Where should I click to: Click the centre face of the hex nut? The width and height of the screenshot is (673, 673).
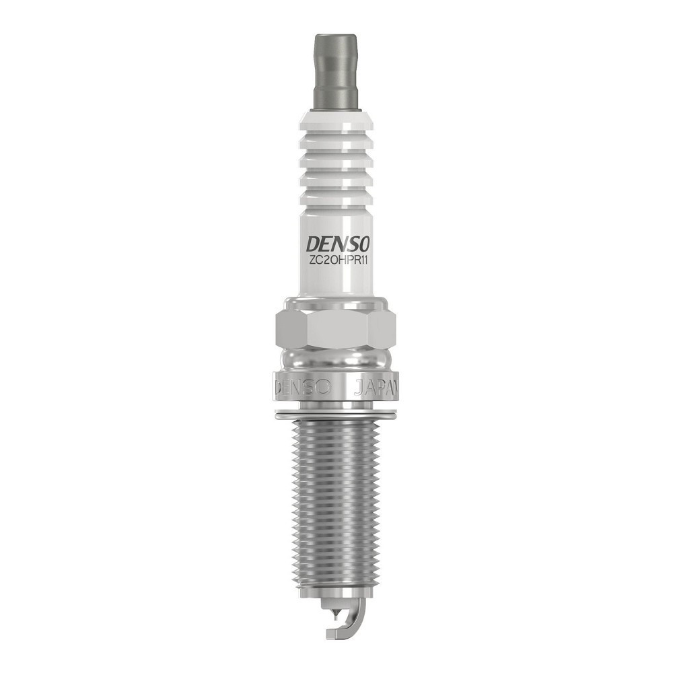point(336,330)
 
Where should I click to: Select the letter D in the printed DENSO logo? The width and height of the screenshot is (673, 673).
point(314,242)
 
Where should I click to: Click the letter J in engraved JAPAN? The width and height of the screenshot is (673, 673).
point(359,388)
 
